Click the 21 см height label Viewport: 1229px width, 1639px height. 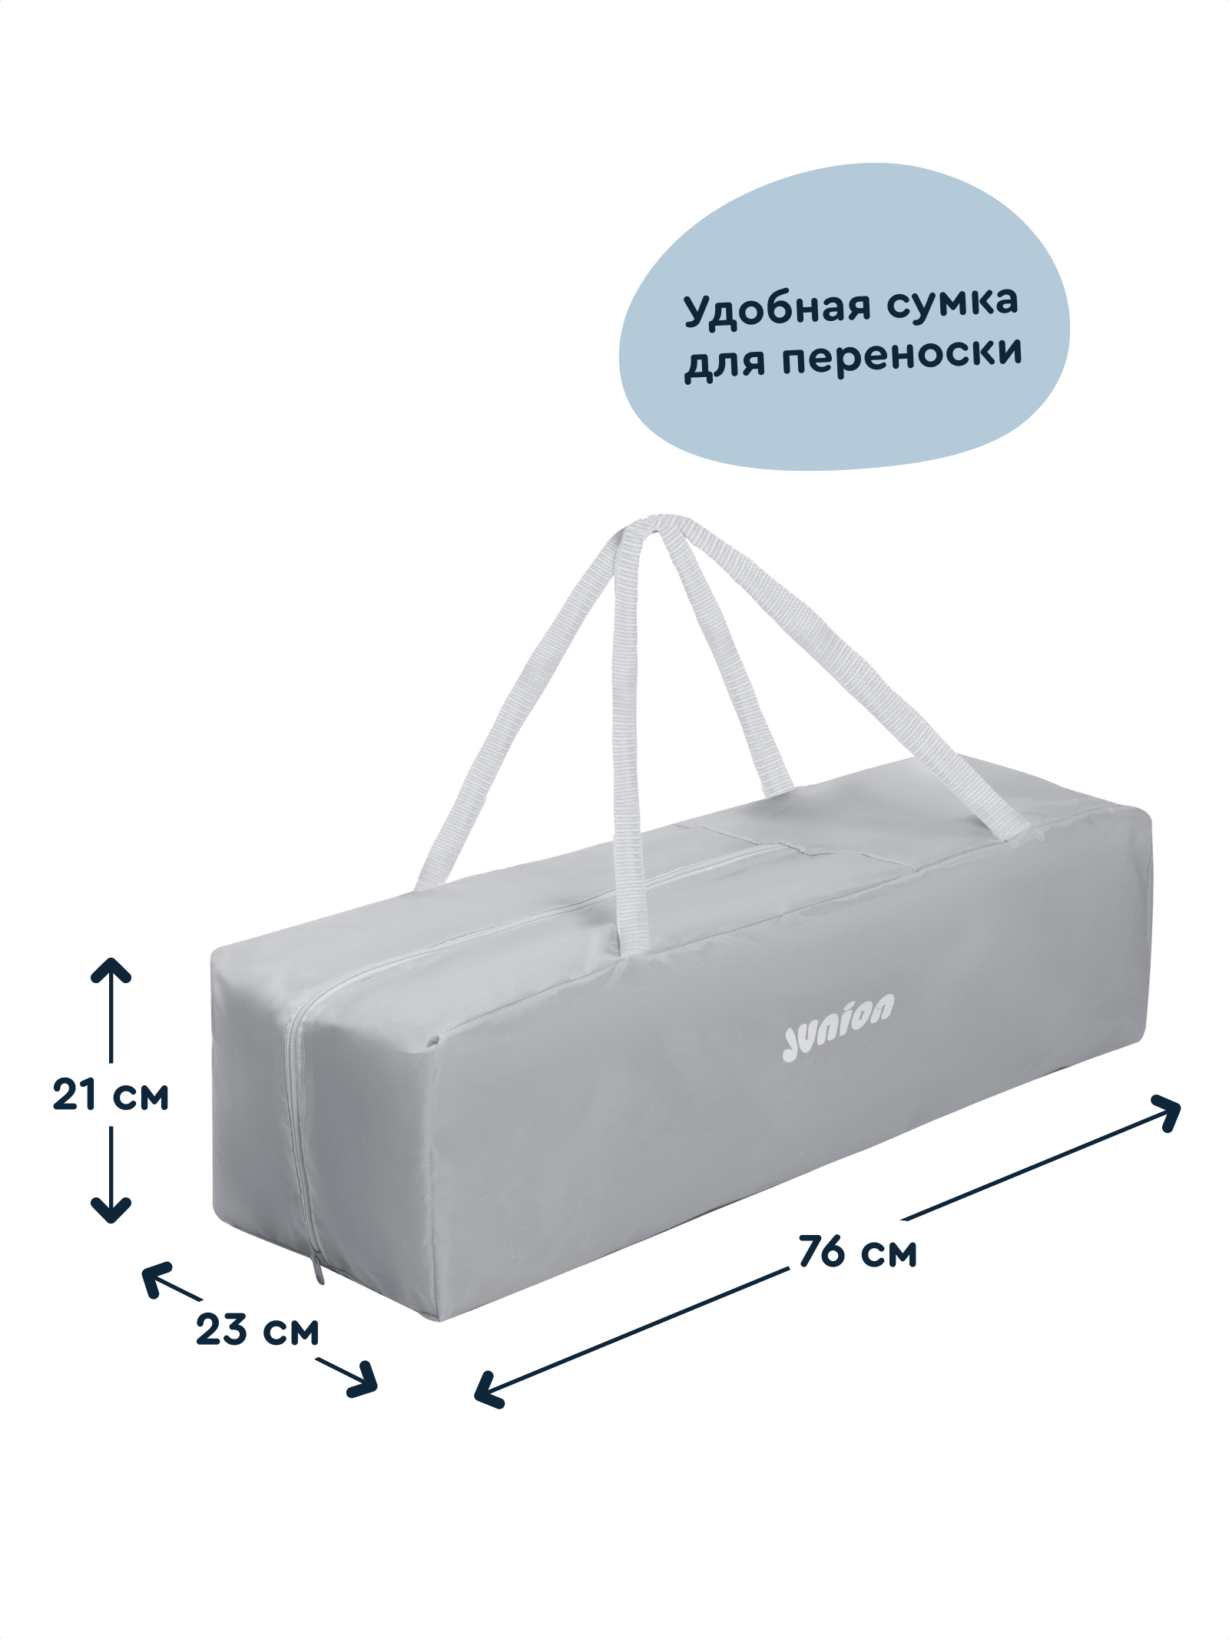[x=111, y=1094]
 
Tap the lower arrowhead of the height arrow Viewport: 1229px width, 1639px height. [x=112, y=1214]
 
